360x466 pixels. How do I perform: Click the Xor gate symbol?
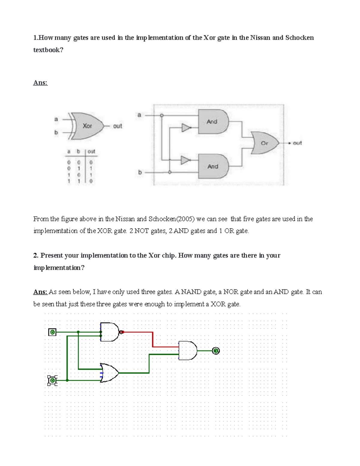(x=87, y=126)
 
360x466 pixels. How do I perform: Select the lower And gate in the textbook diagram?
(x=213, y=166)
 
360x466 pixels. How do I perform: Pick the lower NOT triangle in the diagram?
(x=185, y=160)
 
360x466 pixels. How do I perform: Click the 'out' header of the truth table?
(x=91, y=152)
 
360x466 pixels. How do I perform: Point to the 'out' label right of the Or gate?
(x=297, y=143)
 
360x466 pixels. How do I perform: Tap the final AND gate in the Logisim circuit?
(x=187, y=350)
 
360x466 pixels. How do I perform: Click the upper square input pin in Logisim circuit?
(x=52, y=332)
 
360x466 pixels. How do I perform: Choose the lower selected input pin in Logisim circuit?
(x=52, y=380)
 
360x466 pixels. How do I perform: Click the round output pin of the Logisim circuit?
(x=216, y=350)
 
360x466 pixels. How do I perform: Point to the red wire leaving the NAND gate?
(x=152, y=339)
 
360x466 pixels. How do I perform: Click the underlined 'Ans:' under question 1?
(x=40, y=83)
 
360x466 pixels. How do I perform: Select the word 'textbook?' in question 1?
(x=48, y=50)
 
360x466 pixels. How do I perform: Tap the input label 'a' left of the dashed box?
(x=139, y=115)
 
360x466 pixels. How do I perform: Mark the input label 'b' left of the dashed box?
(x=140, y=172)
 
